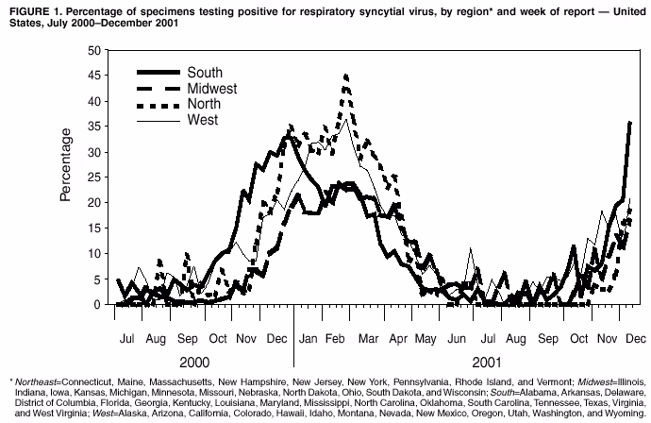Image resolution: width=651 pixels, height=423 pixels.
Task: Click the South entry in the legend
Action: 204,73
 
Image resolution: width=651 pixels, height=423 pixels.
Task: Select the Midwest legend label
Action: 212,89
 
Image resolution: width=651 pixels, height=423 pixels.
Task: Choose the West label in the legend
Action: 202,120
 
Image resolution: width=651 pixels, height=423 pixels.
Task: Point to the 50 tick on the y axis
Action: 94,49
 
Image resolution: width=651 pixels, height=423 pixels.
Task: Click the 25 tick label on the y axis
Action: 94,177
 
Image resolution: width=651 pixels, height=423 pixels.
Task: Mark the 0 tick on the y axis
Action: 98,305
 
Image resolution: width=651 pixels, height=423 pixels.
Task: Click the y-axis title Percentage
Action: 66,168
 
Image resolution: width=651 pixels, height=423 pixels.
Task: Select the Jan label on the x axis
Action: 309,337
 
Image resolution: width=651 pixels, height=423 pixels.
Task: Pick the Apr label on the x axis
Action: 398,337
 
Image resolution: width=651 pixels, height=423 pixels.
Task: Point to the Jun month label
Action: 458,337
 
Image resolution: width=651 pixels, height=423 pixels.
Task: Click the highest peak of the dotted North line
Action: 346,75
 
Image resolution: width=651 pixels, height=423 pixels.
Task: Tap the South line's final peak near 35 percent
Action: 629,122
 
